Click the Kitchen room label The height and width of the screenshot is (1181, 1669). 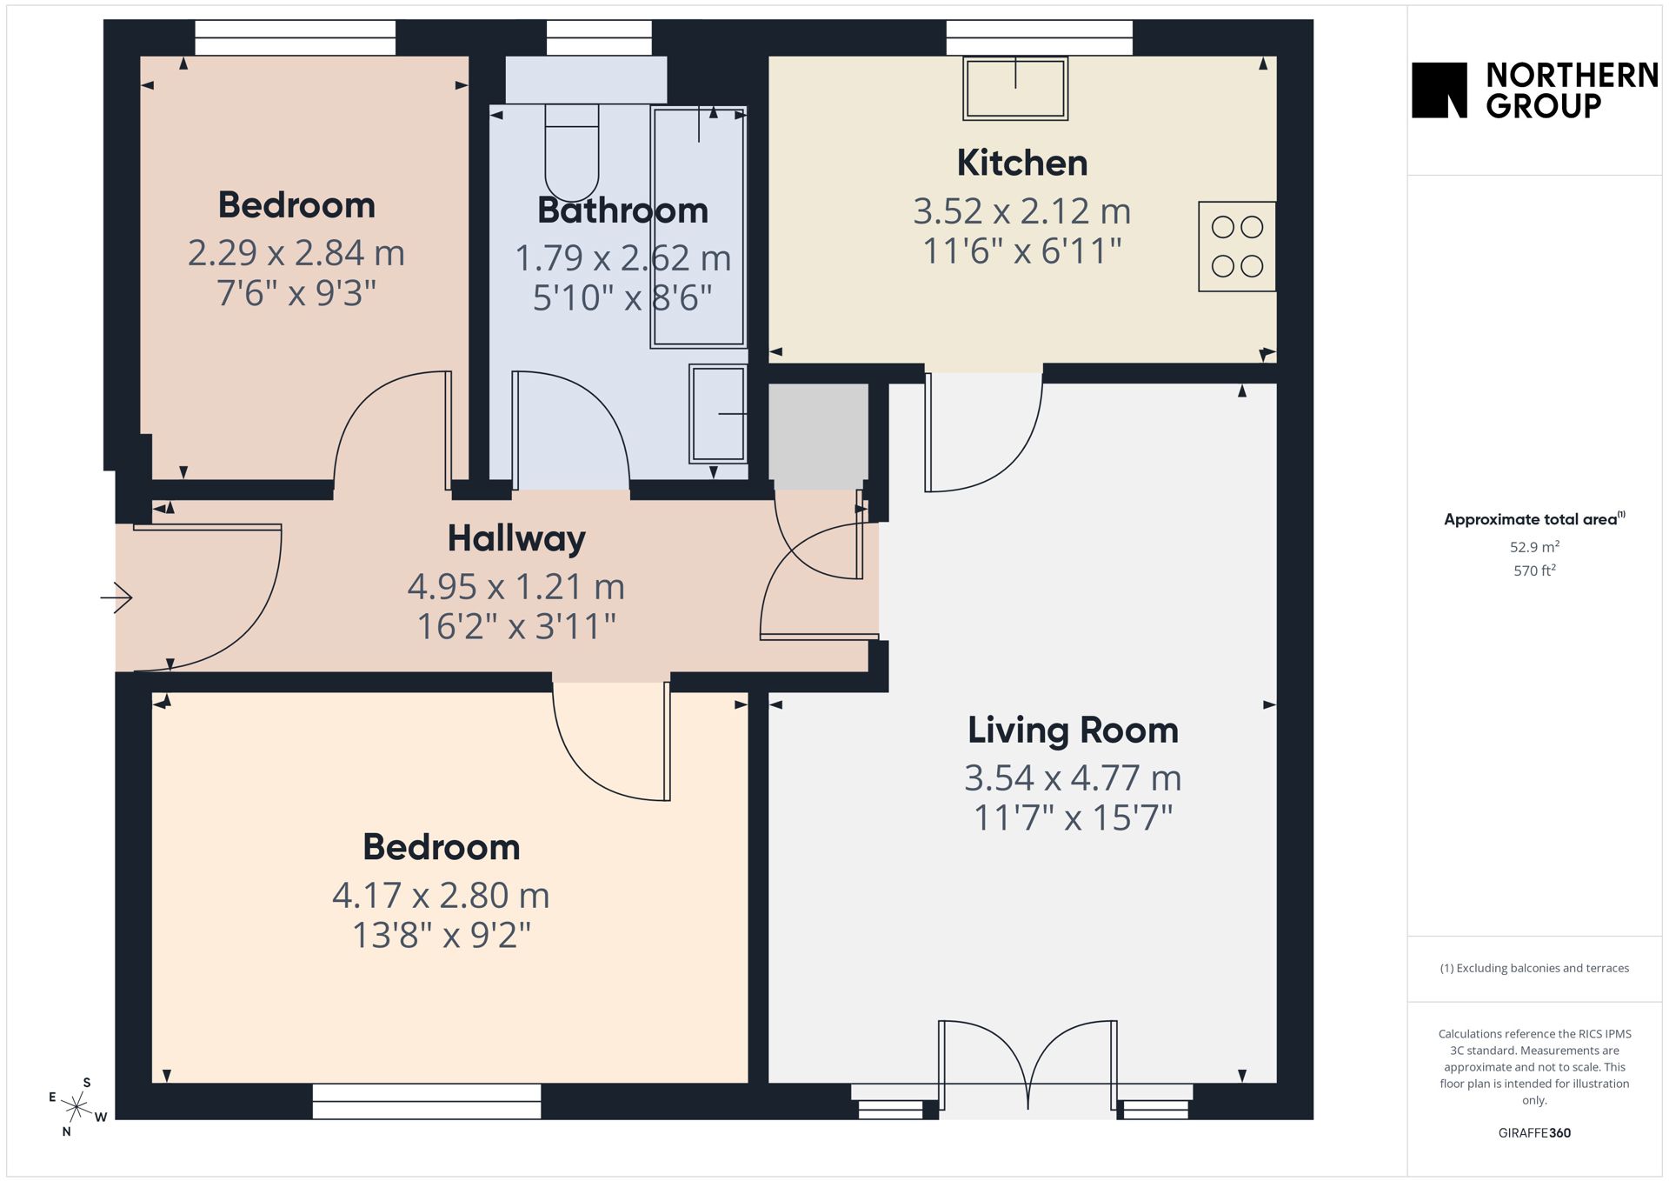(x=1022, y=163)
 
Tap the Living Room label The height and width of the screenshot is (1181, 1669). (x=1073, y=731)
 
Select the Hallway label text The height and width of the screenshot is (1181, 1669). (x=516, y=538)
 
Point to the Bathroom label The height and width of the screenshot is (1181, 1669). (x=622, y=210)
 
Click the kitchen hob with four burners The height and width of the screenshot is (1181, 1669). (x=1237, y=246)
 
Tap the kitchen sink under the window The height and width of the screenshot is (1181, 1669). (x=1015, y=88)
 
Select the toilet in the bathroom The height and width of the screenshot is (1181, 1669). (x=572, y=153)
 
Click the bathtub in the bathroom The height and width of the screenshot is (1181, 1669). (x=698, y=227)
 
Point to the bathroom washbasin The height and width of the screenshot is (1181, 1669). (x=718, y=413)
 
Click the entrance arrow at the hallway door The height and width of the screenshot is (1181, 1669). (x=116, y=597)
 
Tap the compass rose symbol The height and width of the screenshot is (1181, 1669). (x=77, y=1106)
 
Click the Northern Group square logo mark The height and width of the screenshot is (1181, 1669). (x=1440, y=90)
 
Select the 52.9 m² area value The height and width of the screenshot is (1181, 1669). (x=1534, y=547)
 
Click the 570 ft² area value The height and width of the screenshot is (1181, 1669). (x=1534, y=570)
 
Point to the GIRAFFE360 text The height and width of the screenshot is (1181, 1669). (x=1534, y=1132)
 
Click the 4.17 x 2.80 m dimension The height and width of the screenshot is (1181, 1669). (x=441, y=895)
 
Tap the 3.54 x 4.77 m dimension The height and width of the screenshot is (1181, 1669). (x=1073, y=777)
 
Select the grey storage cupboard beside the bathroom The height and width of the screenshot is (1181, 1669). (x=819, y=436)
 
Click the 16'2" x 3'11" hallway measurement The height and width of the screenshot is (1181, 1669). (x=516, y=626)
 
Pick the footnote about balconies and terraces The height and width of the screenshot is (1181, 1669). (x=1534, y=968)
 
